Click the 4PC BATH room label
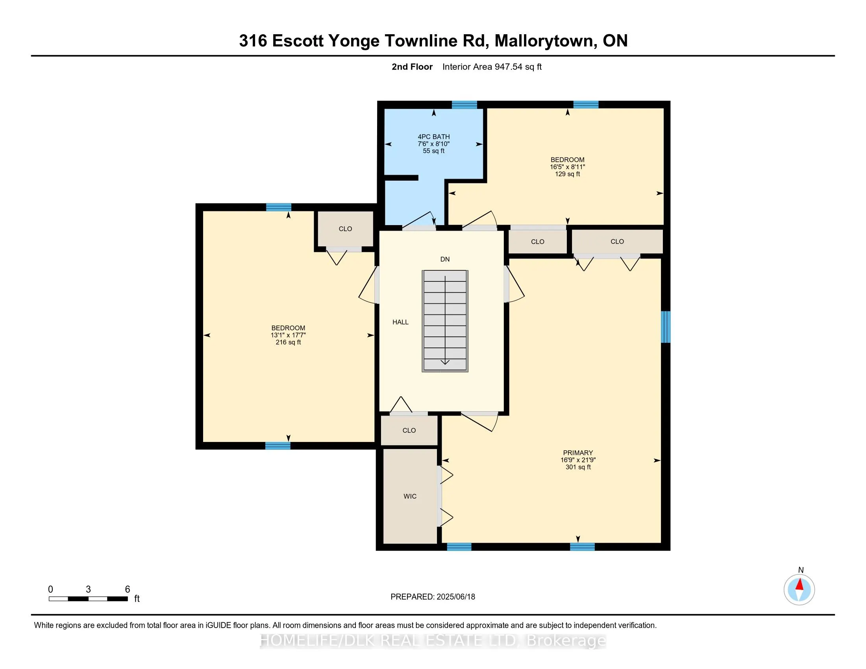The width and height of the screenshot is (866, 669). [434, 137]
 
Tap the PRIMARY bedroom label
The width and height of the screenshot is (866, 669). [578, 453]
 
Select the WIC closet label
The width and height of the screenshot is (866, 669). [410, 496]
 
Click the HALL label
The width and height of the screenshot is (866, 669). [400, 322]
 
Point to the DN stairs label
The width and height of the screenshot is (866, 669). [445, 259]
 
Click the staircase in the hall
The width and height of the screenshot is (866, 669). [445, 321]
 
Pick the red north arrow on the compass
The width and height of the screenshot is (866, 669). [799, 584]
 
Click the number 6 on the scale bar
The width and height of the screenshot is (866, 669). [128, 590]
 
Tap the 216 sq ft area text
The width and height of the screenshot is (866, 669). [288, 342]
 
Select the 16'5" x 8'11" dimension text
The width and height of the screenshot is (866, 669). [567, 167]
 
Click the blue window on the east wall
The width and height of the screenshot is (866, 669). [666, 327]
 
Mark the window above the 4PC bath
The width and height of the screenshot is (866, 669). [464, 105]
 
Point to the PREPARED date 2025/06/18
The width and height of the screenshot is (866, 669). [455, 597]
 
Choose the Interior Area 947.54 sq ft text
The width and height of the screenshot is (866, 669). [492, 67]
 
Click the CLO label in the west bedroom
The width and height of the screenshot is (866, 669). [345, 229]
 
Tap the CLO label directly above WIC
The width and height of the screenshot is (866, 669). [409, 431]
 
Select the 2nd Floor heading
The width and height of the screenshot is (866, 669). [412, 67]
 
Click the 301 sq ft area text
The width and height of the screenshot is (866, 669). [578, 467]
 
